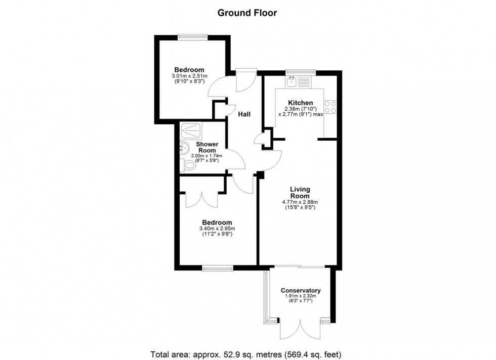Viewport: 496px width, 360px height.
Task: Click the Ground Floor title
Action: coord(247,13)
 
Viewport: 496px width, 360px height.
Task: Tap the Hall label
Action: coord(244,115)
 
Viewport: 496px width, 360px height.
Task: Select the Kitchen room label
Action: coord(300,103)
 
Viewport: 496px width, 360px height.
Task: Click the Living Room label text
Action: coord(300,193)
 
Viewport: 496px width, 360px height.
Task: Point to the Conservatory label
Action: coord(301,291)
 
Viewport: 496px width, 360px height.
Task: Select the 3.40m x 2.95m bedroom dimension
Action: coord(217,231)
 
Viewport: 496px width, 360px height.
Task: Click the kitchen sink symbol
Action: coord(293,81)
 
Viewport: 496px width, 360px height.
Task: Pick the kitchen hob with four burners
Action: coord(330,107)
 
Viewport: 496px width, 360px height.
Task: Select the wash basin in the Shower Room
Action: coord(184,149)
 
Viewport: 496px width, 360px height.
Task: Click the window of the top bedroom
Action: coord(192,35)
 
